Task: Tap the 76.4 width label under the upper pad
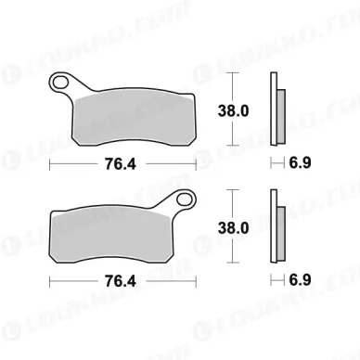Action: [122, 163]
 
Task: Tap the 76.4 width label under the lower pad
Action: [122, 279]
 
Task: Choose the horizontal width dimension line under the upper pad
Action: [74, 163]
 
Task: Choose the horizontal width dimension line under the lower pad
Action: [74, 279]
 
